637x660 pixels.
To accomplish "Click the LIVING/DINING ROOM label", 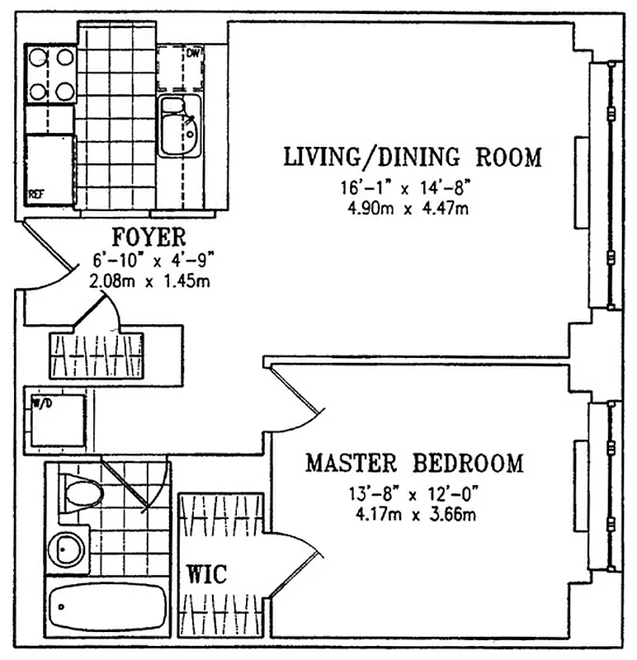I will [x=413, y=157].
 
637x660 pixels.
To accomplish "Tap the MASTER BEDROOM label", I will [x=414, y=464].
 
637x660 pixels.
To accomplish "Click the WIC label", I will [x=206, y=574].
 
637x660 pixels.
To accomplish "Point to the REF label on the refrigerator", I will [x=36, y=195].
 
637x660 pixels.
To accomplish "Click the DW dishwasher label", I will [x=194, y=54].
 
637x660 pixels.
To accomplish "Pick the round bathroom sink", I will [x=64, y=546].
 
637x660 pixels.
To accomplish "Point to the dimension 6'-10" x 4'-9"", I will [x=153, y=261].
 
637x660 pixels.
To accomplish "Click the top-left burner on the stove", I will [x=38, y=58].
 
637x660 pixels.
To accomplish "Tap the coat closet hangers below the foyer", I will [x=97, y=353].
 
